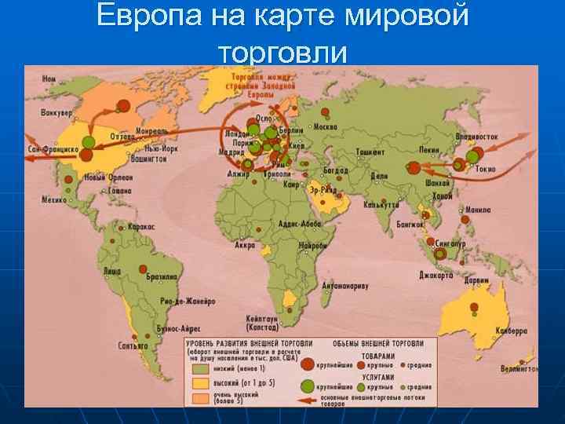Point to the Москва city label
pos(324,127)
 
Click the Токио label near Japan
pos(485,167)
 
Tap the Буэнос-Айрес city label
pos(180,327)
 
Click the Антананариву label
pos(344,286)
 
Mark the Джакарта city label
pos(436,276)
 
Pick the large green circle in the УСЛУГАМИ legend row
pos(308,386)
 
